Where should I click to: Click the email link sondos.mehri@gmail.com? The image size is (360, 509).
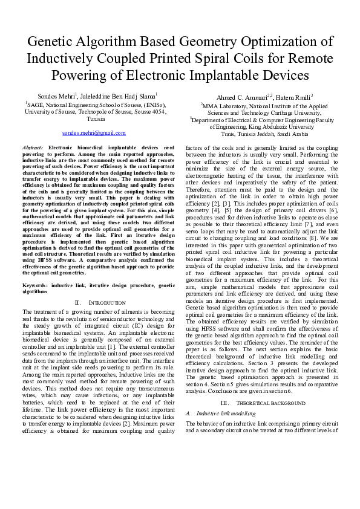pyautogui.click(x=94, y=132)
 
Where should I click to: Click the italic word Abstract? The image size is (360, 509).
pyautogui.click(x=33, y=148)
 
